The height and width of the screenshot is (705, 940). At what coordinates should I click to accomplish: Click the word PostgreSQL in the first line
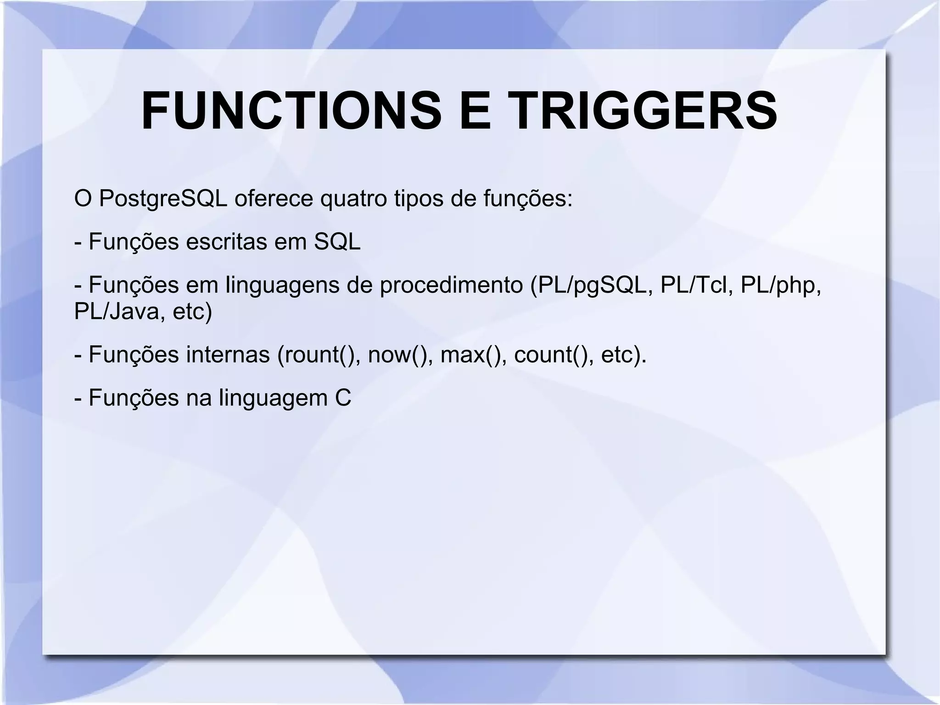click(x=163, y=199)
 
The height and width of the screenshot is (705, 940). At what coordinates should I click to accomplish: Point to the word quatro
click(x=353, y=199)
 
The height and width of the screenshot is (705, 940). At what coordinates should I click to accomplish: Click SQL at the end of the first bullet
click(x=337, y=242)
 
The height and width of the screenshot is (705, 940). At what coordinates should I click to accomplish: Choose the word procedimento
click(x=451, y=285)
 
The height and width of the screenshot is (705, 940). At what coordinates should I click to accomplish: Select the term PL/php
click(x=781, y=285)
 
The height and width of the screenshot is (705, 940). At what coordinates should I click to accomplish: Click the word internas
click(x=228, y=355)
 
